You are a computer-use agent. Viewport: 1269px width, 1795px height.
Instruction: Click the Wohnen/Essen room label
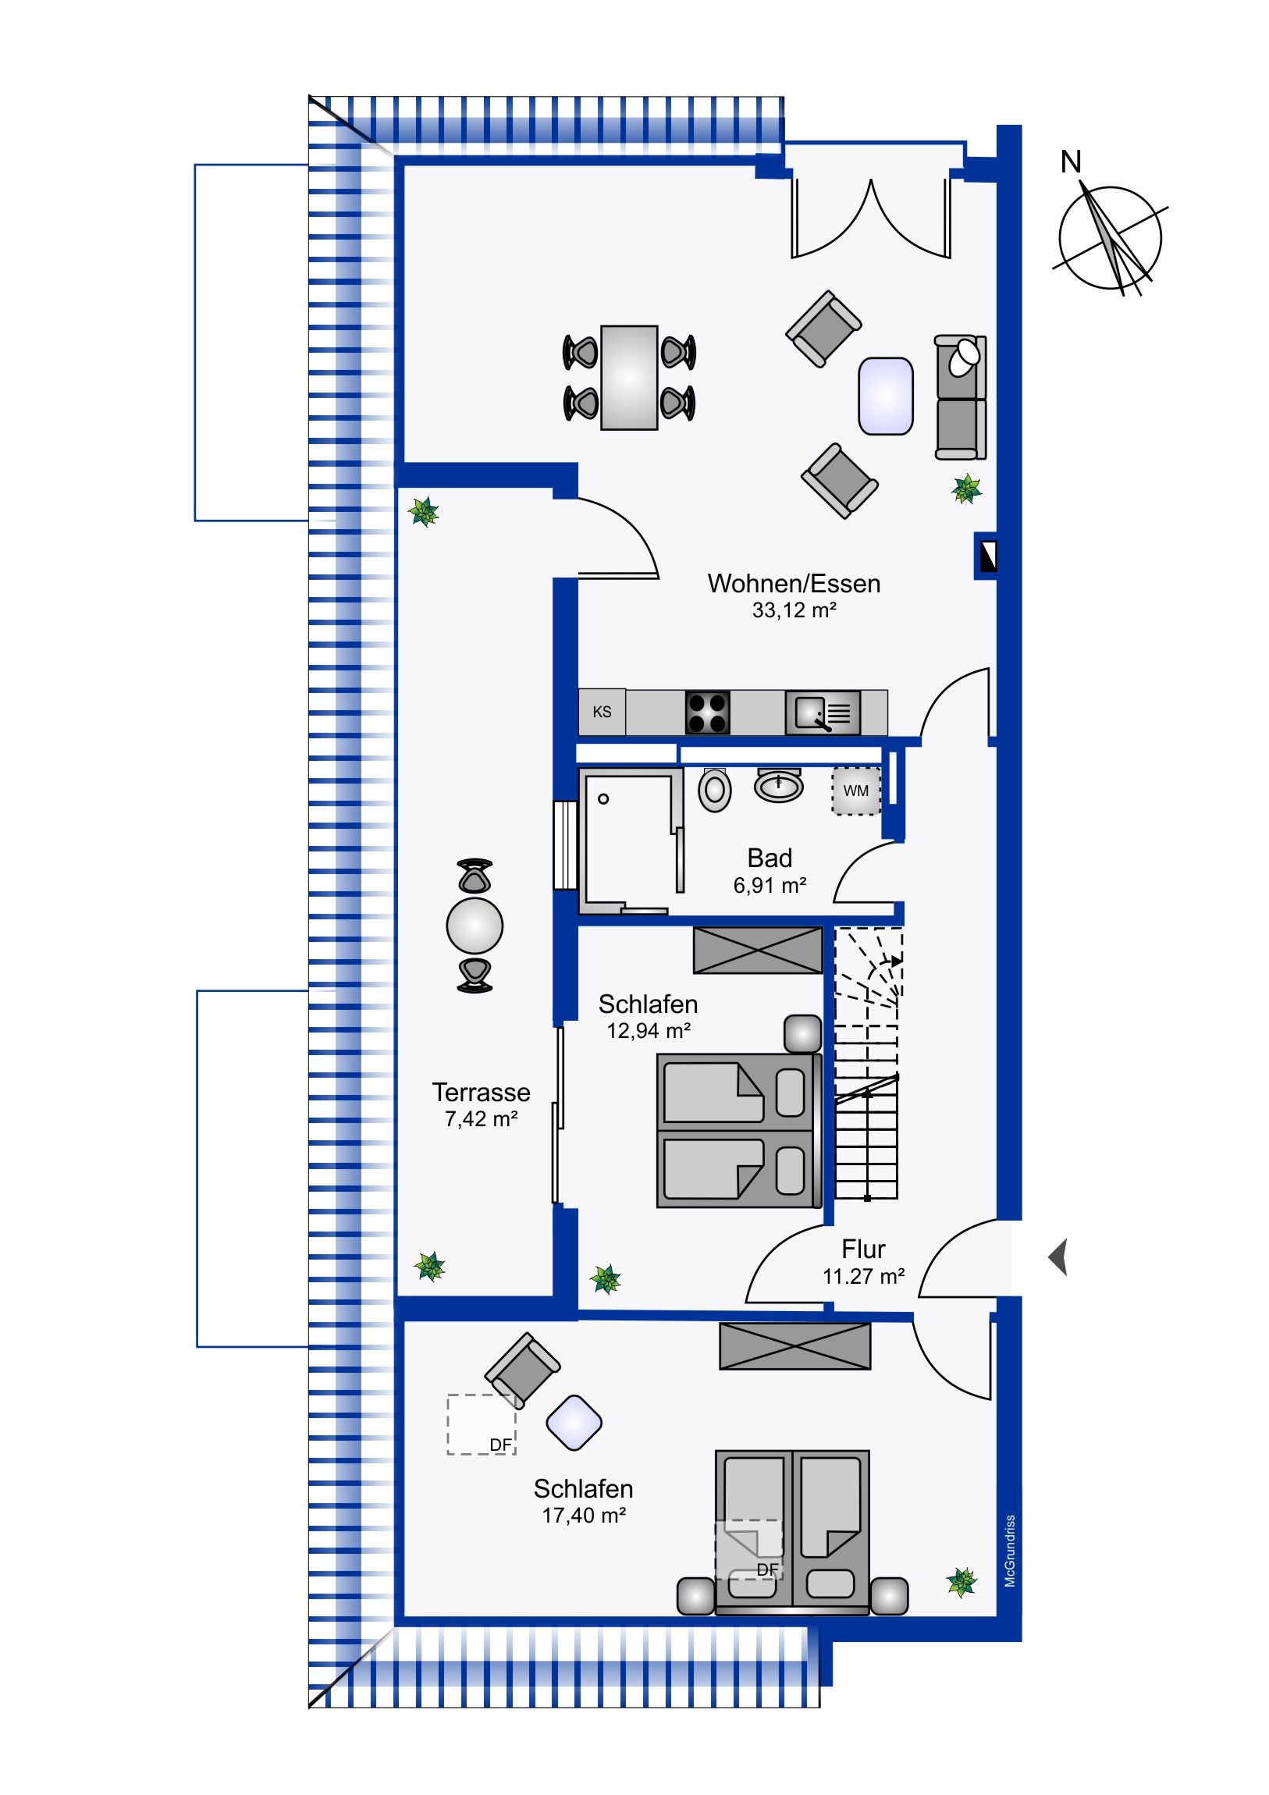pyautogui.click(x=794, y=584)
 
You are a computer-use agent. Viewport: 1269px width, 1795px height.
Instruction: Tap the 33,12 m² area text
pyautogui.click(x=794, y=610)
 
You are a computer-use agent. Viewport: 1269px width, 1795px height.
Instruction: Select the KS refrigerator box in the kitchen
pyautogui.click(x=601, y=713)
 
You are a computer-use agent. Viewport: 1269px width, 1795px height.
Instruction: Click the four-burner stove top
pyautogui.click(x=708, y=713)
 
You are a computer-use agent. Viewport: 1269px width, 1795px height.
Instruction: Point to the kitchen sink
pyautogui.click(x=823, y=713)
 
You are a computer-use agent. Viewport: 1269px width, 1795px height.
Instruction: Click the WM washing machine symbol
pyautogui.click(x=855, y=791)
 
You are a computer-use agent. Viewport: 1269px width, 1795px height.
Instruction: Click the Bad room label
pyautogui.click(x=770, y=858)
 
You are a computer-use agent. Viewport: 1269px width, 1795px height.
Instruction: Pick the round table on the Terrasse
pyautogui.click(x=475, y=926)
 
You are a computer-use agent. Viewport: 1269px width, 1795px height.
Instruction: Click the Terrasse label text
pyautogui.click(x=481, y=1092)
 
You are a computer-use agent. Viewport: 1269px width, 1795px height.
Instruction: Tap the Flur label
pyautogui.click(x=863, y=1249)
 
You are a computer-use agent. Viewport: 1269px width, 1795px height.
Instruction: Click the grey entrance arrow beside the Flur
pyautogui.click(x=1058, y=1258)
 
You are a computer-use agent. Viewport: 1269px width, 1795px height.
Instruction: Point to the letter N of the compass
pyautogui.click(x=1071, y=162)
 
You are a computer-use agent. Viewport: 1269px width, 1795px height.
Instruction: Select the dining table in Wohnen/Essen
pyautogui.click(x=628, y=378)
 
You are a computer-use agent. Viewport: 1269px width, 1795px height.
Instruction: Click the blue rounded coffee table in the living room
pyautogui.click(x=885, y=396)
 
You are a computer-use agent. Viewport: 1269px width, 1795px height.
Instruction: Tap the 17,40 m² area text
pyautogui.click(x=583, y=1515)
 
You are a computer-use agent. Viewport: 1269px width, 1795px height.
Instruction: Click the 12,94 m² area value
pyautogui.click(x=649, y=1031)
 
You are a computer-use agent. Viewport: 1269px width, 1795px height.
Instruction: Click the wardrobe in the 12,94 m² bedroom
pyautogui.click(x=758, y=950)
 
